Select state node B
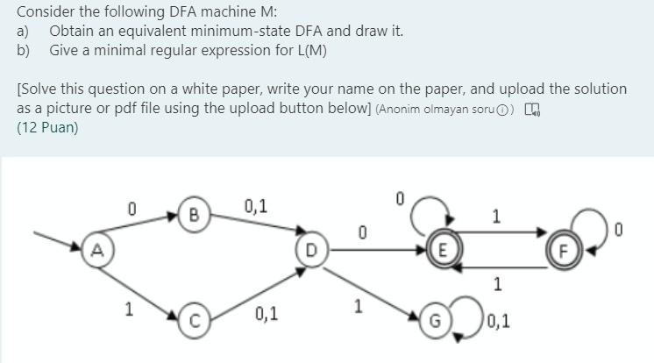(x=194, y=213)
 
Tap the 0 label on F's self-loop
(x=619, y=231)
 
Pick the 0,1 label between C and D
(x=267, y=313)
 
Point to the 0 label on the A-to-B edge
(x=131, y=209)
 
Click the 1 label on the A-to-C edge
(x=129, y=308)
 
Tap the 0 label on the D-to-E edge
(x=361, y=232)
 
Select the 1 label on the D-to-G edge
(x=357, y=306)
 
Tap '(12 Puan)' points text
(x=47, y=127)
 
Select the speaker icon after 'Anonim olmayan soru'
(x=535, y=110)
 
